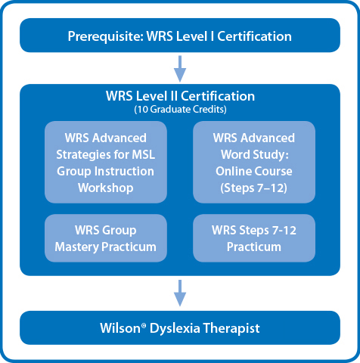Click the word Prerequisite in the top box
tap(105, 36)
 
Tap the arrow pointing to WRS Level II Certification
tap(180, 69)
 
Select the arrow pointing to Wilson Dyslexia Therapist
tap(180, 293)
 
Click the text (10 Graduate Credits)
tap(180, 110)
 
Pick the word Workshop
tap(106, 188)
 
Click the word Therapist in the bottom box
tap(231, 328)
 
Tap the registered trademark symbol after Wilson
tap(144, 325)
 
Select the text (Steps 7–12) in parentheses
tap(253, 188)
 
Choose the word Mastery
tap(76, 247)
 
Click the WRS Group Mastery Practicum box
tap(106, 238)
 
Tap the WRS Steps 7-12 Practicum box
tap(254, 238)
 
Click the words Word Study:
tap(255, 154)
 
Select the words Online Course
tap(254, 172)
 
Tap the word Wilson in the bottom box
tap(120, 328)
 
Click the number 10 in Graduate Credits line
tap(143, 110)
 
